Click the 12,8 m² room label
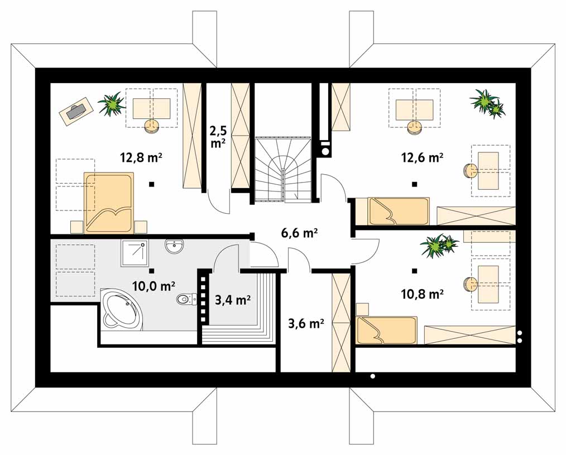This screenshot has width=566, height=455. coord(141,157)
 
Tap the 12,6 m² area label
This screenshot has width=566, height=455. coord(423,157)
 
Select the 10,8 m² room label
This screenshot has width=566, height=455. coord(423,294)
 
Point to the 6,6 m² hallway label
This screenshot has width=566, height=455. coord(299,233)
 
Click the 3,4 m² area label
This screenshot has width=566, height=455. coord(233,300)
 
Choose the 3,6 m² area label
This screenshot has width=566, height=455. coord(305,323)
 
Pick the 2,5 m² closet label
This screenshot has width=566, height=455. coord(218,136)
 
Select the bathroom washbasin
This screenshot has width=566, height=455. coord(175,247)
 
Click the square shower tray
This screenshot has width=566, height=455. coord(134,253)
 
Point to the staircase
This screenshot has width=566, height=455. coord(282,169)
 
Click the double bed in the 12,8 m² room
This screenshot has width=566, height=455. coord(109,203)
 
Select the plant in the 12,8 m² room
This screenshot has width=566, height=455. coord(111,103)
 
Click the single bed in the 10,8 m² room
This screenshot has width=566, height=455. coord(386,331)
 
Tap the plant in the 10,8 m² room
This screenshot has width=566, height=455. coord(439,246)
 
